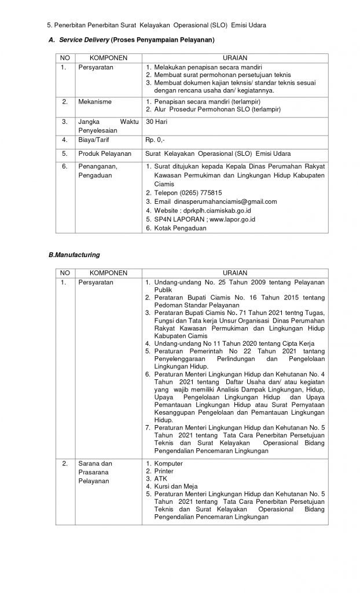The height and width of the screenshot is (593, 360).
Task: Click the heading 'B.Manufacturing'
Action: (75, 254)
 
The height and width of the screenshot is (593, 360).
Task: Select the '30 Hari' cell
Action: (157, 122)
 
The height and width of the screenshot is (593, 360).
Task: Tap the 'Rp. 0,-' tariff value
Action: (157, 140)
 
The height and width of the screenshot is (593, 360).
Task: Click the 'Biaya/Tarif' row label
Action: (93, 140)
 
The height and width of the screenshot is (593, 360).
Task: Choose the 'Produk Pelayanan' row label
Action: (102, 153)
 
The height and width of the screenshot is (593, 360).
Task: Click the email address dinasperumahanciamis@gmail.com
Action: (216, 202)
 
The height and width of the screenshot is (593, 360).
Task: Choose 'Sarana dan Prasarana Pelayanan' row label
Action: (95, 472)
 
